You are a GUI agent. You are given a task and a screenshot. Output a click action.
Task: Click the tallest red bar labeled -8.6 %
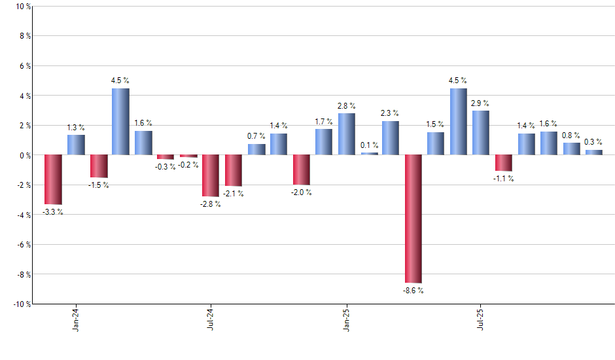413,219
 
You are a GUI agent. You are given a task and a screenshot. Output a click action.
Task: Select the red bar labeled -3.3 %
53,179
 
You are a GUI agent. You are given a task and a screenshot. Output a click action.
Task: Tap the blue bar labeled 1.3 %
76,145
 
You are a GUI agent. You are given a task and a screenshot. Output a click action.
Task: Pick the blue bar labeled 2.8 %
347,134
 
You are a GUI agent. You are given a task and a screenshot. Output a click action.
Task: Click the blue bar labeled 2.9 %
481,133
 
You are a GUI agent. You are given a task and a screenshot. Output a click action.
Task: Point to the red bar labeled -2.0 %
301,170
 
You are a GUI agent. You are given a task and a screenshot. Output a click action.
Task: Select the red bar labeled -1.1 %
503,163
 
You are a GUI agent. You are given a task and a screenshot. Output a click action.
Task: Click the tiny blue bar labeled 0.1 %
369,154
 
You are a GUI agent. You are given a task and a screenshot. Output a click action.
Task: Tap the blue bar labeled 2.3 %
391,137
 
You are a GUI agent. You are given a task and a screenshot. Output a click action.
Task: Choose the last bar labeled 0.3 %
593,153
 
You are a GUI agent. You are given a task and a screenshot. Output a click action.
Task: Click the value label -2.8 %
209,204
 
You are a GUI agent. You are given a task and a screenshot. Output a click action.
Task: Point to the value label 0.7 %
256,136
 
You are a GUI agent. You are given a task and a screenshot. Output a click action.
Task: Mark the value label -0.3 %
165,167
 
